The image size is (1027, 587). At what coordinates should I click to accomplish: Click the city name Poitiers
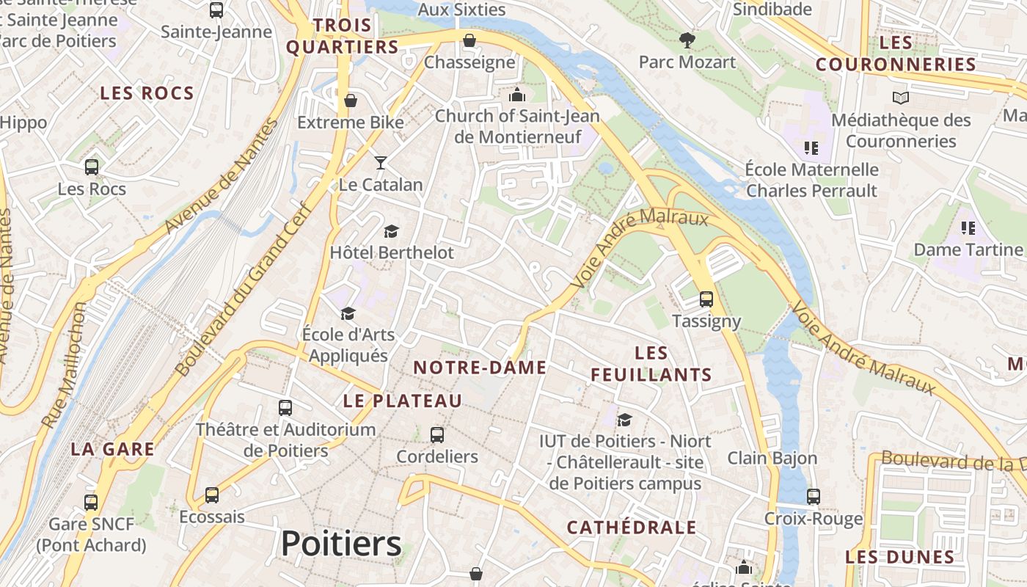(x=341, y=544)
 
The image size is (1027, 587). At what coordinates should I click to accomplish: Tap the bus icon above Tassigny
(x=706, y=299)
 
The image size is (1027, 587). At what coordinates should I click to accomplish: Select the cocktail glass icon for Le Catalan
(x=380, y=162)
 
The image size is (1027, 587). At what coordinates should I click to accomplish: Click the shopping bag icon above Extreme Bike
(x=351, y=101)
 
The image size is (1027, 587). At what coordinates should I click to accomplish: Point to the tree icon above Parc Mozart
(x=687, y=40)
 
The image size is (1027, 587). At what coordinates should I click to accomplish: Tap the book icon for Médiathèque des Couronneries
(x=900, y=98)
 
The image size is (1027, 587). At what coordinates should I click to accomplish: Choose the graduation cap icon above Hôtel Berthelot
(x=391, y=231)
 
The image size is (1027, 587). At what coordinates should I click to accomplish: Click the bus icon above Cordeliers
(x=437, y=434)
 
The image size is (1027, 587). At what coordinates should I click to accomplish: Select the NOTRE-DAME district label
(x=480, y=368)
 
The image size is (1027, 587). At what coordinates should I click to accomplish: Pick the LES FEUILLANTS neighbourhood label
(x=651, y=364)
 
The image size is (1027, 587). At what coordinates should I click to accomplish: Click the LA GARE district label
(x=113, y=449)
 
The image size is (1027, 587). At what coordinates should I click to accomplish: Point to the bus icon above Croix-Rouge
(x=813, y=497)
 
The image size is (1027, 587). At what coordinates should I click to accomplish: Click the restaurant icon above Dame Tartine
(x=968, y=228)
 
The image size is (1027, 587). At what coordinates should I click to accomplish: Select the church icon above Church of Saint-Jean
(x=517, y=95)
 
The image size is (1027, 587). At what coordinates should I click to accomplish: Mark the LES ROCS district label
(x=147, y=93)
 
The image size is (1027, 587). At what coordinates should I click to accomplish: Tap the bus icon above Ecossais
(x=212, y=495)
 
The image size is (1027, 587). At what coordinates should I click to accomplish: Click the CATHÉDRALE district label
(x=632, y=527)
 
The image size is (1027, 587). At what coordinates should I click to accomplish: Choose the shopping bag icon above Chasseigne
(x=469, y=40)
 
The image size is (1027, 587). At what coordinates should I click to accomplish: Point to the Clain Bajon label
(x=772, y=458)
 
